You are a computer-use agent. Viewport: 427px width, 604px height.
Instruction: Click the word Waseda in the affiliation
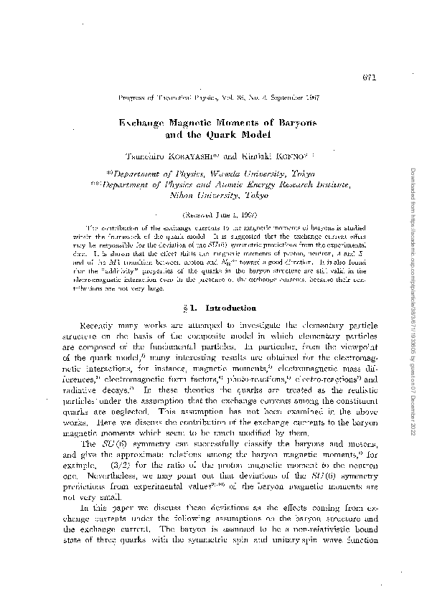click(x=226, y=174)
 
